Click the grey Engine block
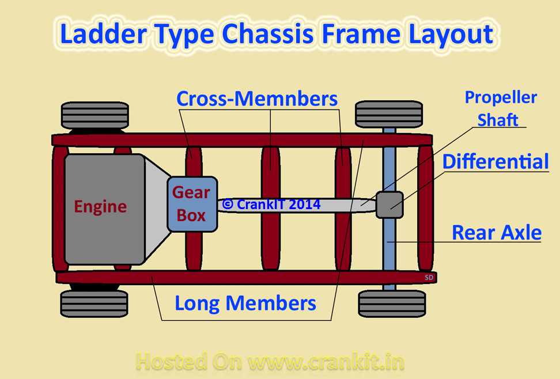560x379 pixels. tap(104, 209)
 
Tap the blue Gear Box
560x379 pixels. tap(192, 204)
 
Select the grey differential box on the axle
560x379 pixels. tap(389, 204)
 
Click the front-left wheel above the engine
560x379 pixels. tap(95, 115)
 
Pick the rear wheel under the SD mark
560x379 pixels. tap(392, 304)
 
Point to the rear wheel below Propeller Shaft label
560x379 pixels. tap(389, 114)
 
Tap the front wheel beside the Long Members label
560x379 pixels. tap(94, 304)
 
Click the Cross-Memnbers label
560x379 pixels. tap(257, 98)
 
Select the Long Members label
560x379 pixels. tap(245, 304)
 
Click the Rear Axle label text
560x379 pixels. tap(497, 233)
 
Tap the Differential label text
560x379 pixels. tap(495, 162)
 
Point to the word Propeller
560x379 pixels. tap(501, 98)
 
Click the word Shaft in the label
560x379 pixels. tap(498, 120)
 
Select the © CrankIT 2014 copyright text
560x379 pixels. tap(271, 204)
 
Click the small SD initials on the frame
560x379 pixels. tap(429, 278)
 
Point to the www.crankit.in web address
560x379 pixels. tap(326, 362)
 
